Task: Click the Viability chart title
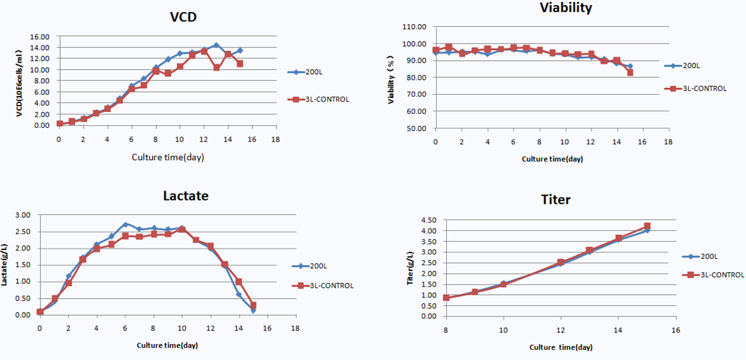566,8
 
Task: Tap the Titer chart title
556,200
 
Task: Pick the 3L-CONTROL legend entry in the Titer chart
713,275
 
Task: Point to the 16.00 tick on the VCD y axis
40,37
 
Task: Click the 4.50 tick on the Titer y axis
430,221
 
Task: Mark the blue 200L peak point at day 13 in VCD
216,46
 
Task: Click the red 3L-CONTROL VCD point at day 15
240,64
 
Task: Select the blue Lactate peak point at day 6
125,225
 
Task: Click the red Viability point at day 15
630,73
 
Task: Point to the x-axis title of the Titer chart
561,347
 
